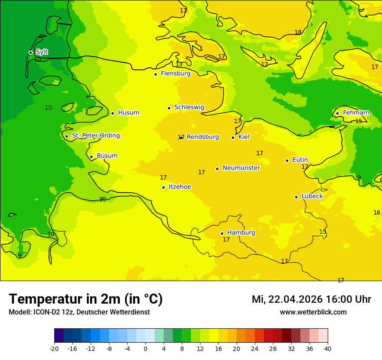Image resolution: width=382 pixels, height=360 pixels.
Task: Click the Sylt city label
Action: [x=41, y=52]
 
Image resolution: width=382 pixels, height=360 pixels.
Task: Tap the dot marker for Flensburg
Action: [x=155, y=74]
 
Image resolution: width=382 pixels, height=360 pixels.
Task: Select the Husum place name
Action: [x=128, y=113]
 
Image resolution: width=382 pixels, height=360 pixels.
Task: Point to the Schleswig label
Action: [x=189, y=108]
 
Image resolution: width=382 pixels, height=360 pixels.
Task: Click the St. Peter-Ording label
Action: [x=95, y=136]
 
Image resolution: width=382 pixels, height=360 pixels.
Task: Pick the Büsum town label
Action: [x=107, y=156]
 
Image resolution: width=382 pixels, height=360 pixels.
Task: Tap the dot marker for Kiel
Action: [x=233, y=137]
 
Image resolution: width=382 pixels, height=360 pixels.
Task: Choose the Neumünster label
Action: [x=241, y=168]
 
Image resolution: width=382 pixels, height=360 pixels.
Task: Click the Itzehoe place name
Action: [x=180, y=187]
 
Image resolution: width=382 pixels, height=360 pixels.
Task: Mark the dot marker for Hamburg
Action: [x=222, y=233]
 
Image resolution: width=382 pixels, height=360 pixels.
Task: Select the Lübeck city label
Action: [x=312, y=196]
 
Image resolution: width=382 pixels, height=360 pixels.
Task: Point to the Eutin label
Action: [x=300, y=160]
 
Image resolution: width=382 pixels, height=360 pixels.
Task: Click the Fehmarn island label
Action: [x=356, y=113]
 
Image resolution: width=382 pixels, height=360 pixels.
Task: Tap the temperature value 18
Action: [x=298, y=32]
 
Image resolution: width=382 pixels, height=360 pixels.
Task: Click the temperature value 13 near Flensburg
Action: [x=179, y=65]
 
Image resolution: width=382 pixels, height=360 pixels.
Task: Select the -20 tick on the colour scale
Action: [x=54, y=348]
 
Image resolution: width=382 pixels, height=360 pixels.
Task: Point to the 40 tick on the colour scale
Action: [x=328, y=348]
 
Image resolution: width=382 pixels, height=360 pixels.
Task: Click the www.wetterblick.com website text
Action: [x=313, y=312]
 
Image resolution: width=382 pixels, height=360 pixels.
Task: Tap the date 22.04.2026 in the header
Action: [x=295, y=299]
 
